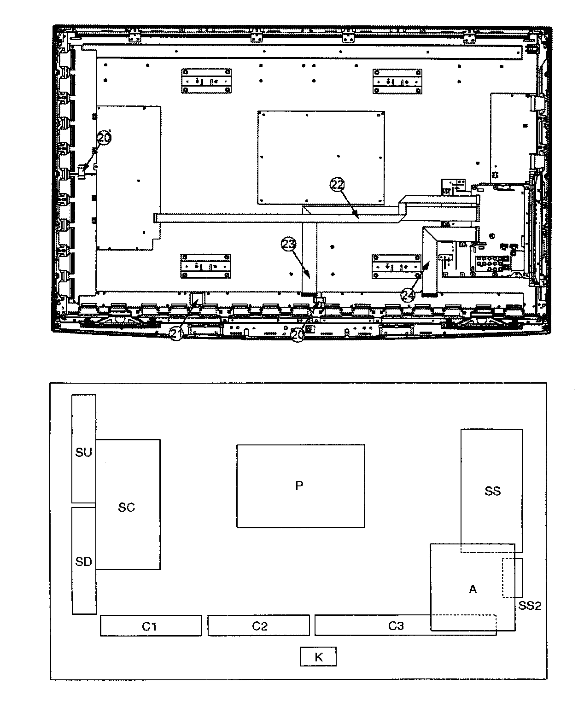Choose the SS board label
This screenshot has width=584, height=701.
click(493, 491)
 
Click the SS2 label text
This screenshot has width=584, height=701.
click(530, 606)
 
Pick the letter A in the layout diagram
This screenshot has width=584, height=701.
click(473, 589)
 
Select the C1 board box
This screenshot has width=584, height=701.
click(151, 625)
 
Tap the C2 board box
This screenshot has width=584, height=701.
click(258, 625)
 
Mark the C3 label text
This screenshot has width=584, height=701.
click(396, 625)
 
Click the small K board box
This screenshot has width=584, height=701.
click(318, 657)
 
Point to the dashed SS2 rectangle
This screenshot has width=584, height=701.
click(513, 578)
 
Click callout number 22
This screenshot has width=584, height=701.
click(337, 185)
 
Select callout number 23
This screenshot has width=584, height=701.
click(288, 244)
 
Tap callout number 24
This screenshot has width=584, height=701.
click(408, 295)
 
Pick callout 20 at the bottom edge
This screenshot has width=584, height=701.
click(298, 334)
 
